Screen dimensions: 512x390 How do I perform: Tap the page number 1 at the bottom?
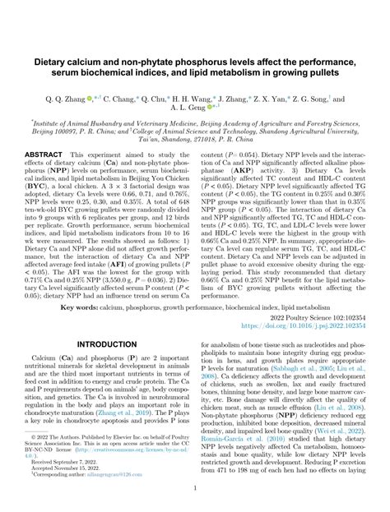pos(194,487)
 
